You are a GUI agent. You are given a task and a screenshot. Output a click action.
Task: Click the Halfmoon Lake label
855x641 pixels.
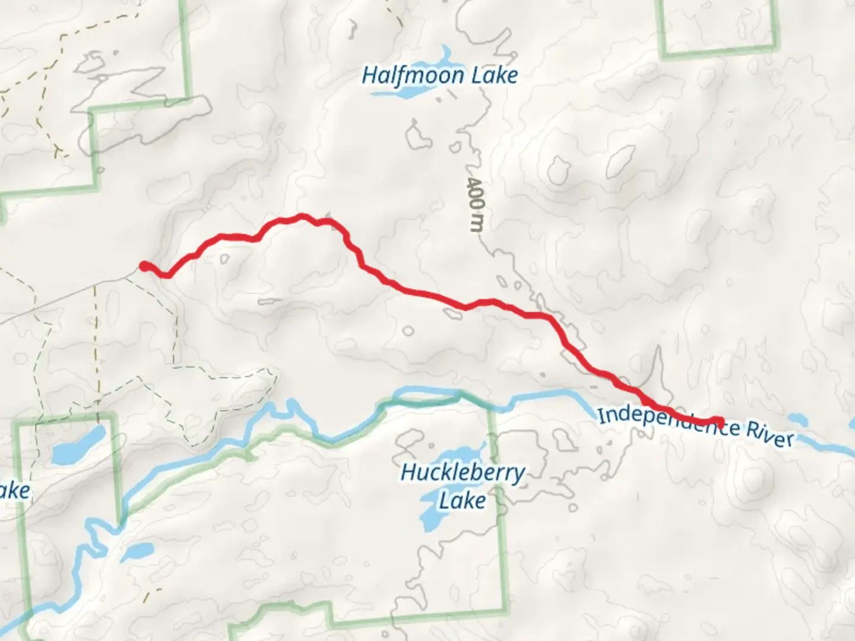(x=439, y=76)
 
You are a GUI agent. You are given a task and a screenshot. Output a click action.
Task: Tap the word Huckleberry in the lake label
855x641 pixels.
(x=463, y=473)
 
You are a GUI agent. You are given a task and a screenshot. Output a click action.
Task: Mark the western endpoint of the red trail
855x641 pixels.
(x=144, y=266)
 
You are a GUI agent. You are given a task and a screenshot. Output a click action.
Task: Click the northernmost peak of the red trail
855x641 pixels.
(x=302, y=217)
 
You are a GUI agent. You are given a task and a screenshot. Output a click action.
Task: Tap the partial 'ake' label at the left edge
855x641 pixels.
(x=14, y=491)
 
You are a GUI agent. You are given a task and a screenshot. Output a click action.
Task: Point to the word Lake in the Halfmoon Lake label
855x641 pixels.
(x=493, y=76)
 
